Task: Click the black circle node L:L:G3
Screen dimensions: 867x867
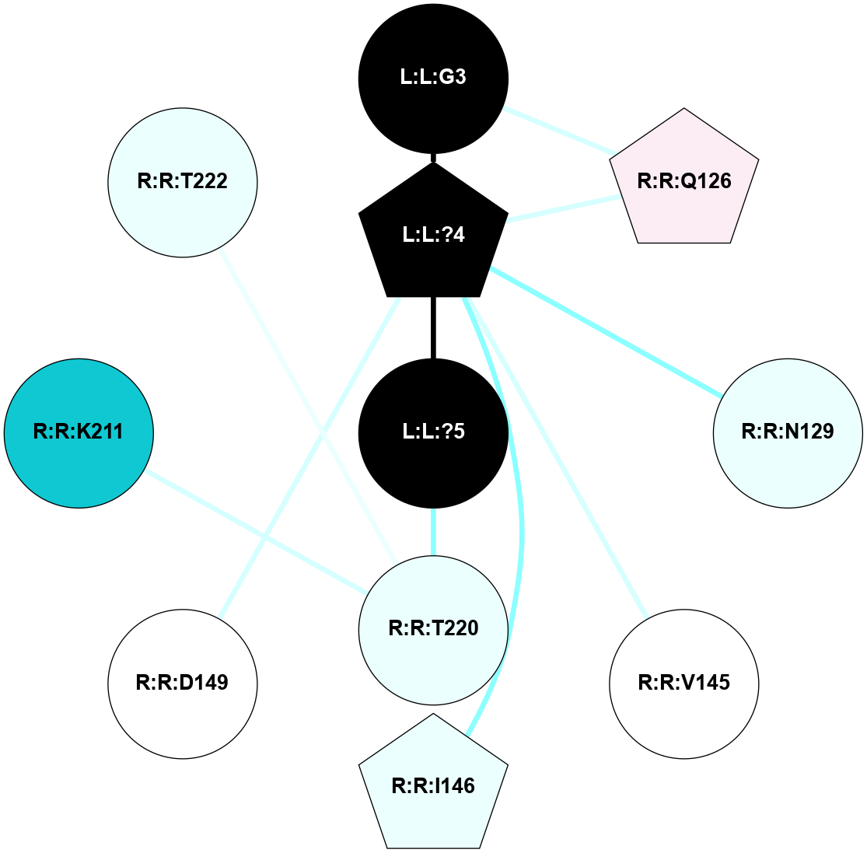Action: click(433, 78)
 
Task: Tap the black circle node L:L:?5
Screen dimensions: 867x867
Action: click(433, 432)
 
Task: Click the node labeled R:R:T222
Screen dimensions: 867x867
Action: click(183, 181)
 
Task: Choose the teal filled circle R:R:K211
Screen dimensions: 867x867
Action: click(79, 432)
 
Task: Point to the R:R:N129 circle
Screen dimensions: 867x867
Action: click(788, 432)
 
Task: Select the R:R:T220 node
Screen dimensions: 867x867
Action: click(433, 628)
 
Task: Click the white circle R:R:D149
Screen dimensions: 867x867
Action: click(183, 683)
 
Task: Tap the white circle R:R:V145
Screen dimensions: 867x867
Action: click(684, 683)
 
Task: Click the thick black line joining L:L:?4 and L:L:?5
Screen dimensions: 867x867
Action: click(433, 327)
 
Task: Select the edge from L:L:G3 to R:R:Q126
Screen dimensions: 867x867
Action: click(558, 130)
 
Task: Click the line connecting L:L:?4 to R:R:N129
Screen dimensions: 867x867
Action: click(607, 333)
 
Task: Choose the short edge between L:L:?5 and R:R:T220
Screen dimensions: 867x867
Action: click(433, 532)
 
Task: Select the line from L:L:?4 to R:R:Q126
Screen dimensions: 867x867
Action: click(564, 208)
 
